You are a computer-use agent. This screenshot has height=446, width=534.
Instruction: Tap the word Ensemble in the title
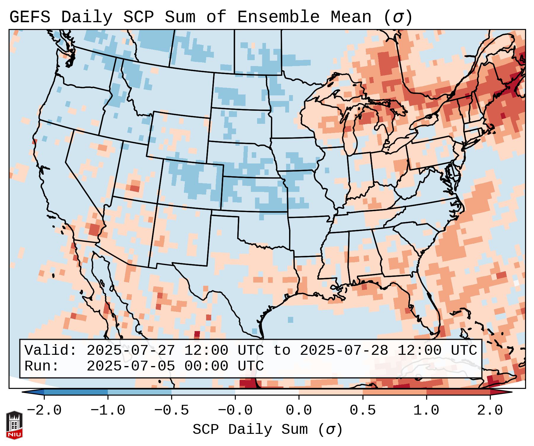[278, 17]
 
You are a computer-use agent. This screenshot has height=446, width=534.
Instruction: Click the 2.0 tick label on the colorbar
[490, 410]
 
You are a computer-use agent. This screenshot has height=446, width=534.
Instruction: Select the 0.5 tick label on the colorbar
[363, 410]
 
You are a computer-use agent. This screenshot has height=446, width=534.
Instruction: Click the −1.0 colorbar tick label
[108, 410]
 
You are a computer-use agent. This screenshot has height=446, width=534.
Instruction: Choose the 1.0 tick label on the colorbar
[426, 410]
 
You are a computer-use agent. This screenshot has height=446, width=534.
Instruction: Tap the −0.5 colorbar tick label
[171, 410]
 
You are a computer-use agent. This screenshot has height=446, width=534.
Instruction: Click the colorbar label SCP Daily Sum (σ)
[267, 429]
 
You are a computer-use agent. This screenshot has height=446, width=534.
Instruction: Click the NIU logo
[14, 425]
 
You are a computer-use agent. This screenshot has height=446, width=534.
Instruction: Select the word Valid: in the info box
[51, 351]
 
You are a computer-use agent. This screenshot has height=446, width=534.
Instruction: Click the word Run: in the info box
[42, 366]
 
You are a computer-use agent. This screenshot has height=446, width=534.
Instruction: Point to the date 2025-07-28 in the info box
[344, 351]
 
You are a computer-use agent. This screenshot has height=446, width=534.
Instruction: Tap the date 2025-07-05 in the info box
[131, 366]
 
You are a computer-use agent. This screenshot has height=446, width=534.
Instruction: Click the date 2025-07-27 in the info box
[131, 351]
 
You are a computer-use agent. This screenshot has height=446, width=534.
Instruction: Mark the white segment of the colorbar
[267, 392]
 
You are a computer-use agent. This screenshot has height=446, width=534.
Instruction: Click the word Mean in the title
[351, 17]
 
